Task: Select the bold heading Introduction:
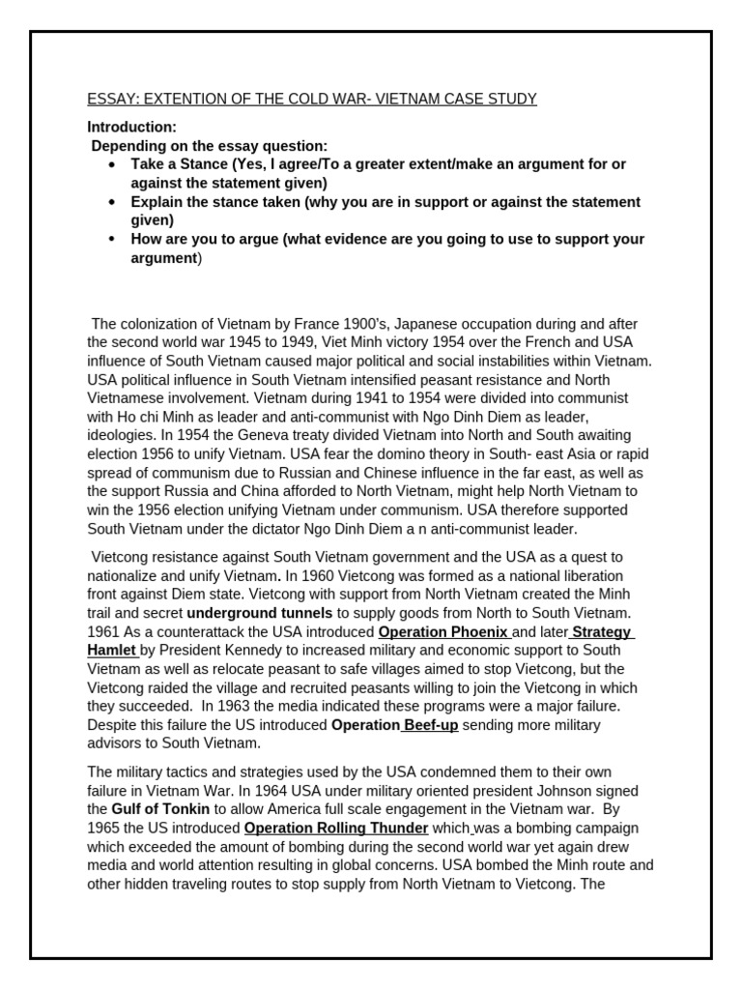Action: (132, 127)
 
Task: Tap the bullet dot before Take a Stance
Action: (113, 164)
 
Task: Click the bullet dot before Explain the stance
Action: (113, 202)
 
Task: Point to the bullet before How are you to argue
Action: (113, 239)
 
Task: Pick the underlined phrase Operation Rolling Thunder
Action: (336, 828)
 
